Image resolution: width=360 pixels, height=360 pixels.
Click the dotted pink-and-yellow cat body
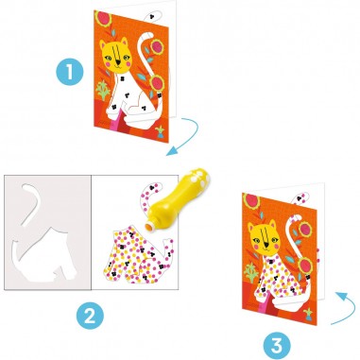point(137,248)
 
